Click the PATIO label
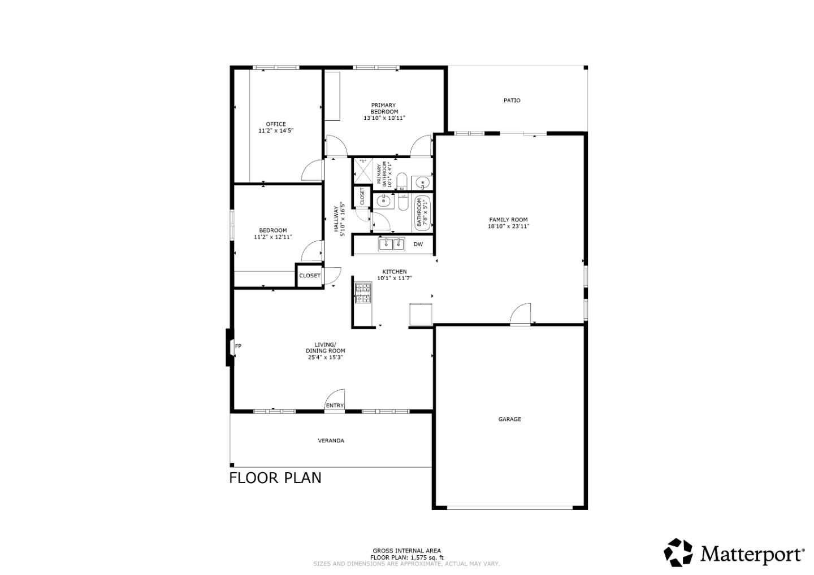tap(512, 101)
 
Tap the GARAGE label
tap(509, 419)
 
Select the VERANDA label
tap(331, 441)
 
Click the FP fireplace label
tap(238, 346)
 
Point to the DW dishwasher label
tap(418, 245)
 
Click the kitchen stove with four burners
tap(362, 293)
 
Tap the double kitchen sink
tap(392, 244)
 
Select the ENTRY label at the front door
tap(334, 406)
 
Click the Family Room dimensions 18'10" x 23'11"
tap(508, 226)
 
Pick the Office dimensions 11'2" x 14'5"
tap(276, 131)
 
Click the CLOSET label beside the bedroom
tap(309, 276)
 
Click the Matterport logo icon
tap(678, 552)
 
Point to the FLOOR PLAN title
tap(275, 478)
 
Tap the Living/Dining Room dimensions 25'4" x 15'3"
tap(326, 358)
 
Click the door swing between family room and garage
tap(521, 313)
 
